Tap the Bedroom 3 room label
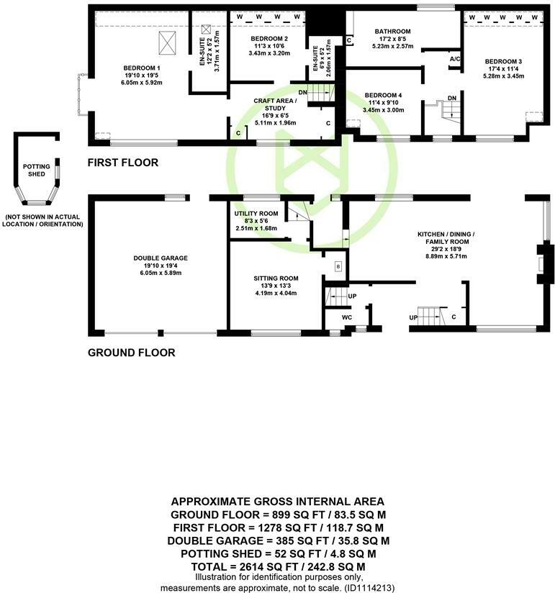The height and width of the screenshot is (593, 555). click(500, 62)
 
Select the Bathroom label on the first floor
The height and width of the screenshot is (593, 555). click(392, 32)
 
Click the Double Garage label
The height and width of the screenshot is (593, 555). click(150, 258)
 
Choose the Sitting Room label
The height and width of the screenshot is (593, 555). click(275, 279)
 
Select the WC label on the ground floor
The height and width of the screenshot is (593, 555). click(346, 317)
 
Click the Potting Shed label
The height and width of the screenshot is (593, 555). click(36, 170)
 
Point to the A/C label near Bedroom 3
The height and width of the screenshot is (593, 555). click(454, 59)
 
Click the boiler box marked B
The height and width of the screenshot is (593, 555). click(338, 267)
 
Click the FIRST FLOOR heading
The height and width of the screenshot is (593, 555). click(123, 163)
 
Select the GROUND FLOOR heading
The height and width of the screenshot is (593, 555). click(131, 353)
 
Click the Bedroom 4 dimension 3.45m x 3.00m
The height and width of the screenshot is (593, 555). click(384, 110)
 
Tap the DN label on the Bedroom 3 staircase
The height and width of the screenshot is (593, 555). click(452, 98)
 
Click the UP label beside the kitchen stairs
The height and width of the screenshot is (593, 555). click(413, 317)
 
